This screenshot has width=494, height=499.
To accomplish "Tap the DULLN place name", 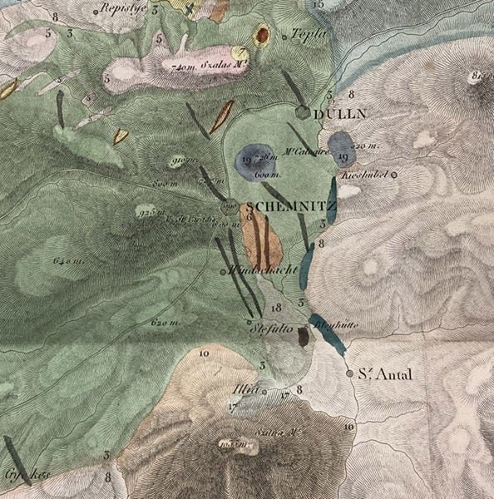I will point(342,116).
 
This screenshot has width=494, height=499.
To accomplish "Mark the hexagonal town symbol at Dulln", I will point(304,112).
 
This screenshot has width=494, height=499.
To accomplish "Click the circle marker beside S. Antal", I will point(349,373).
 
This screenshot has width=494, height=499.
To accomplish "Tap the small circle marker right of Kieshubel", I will point(395,175).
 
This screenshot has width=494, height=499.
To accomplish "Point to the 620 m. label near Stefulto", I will point(166,321).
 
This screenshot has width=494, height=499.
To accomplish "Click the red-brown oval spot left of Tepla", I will point(263,35).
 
